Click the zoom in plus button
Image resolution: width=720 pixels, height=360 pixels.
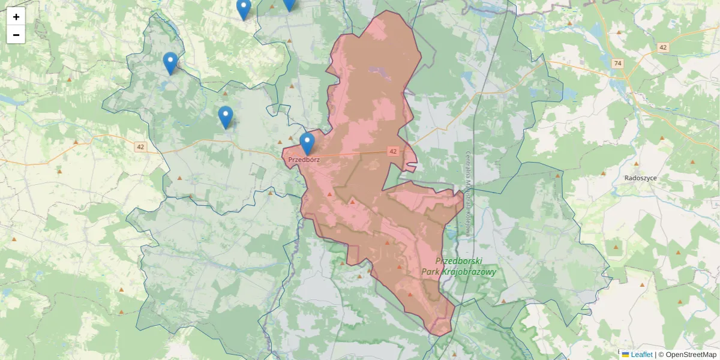(x=16, y=17)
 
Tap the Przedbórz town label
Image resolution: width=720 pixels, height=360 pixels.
(x=304, y=160)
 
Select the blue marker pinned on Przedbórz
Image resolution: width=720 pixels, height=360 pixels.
(x=307, y=143)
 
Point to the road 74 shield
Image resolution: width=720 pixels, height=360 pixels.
(x=617, y=63)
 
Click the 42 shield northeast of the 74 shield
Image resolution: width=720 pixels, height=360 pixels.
(x=663, y=47)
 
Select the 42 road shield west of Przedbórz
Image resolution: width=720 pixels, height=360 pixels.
(x=140, y=147)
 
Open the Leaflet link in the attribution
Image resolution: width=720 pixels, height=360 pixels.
(x=641, y=355)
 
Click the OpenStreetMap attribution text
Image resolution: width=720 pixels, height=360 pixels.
(x=691, y=355)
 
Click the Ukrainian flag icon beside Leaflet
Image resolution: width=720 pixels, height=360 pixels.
(x=626, y=355)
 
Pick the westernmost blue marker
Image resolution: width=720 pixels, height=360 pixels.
(x=170, y=62)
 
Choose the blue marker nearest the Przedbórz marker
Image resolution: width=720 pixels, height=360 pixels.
(x=226, y=116)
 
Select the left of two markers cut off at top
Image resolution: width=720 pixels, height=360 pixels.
(x=243, y=8)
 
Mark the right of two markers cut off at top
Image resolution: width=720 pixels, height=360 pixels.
(x=289, y=4)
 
